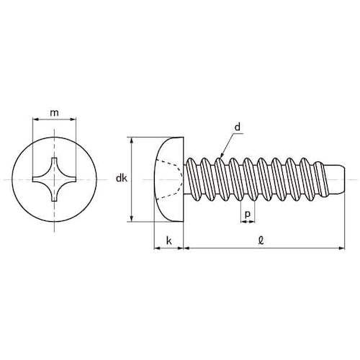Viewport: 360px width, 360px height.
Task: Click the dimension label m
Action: [55, 112]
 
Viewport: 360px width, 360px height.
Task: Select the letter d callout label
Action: [237, 127]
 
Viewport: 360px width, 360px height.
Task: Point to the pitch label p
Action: [248, 214]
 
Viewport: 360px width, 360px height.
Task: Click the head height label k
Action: [169, 240]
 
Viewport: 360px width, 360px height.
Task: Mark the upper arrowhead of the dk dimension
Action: [131, 140]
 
